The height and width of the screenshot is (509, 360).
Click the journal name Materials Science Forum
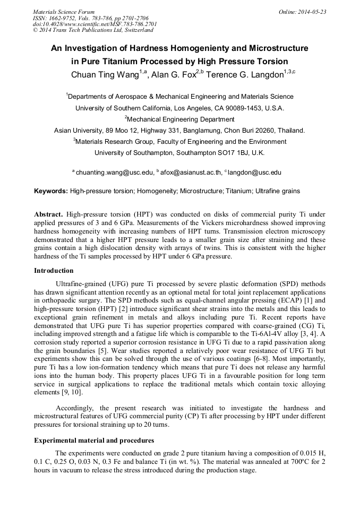tap(64, 11)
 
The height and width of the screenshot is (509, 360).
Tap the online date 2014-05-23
tap(312, 11)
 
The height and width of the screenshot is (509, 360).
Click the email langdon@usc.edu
tap(254, 172)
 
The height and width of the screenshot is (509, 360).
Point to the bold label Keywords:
tap(51, 191)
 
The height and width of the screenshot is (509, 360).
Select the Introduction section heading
tap(54, 271)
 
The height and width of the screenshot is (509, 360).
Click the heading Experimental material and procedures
tap(94, 441)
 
